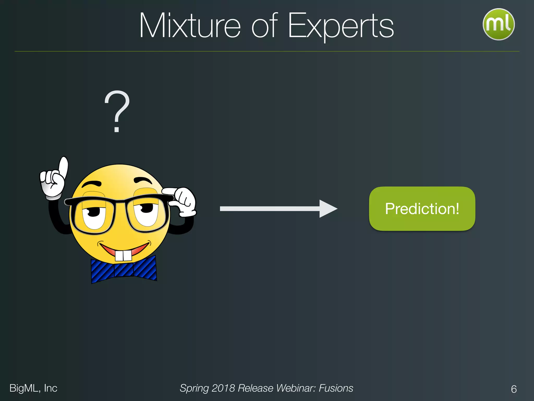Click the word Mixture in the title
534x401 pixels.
190,26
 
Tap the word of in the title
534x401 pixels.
264,26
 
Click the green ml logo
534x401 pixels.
499,24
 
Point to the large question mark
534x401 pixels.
117,111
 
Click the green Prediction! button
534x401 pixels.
422,209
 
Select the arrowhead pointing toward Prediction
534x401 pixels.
328,209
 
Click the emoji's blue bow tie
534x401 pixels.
124,270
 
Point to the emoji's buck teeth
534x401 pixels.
124,256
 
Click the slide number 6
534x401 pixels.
514,389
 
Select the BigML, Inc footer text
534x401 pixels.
33,388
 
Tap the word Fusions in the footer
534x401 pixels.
336,388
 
